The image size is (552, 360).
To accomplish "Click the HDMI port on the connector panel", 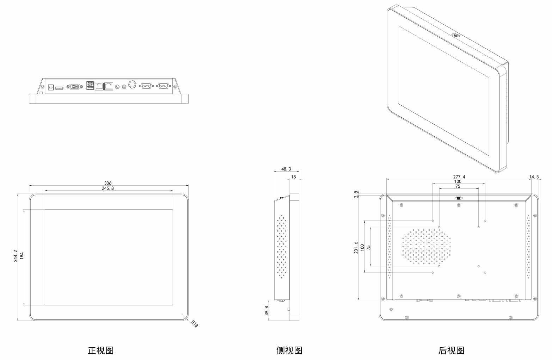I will click(x=59, y=87).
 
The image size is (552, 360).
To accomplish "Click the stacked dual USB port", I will click(x=90, y=86).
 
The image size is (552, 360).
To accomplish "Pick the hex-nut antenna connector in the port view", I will click(x=133, y=84).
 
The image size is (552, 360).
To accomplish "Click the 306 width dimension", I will click(x=108, y=183).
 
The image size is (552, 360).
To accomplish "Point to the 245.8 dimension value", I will click(x=108, y=188).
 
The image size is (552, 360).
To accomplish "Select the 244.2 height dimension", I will click(x=16, y=256).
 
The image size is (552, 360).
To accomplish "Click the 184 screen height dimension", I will click(x=22, y=256).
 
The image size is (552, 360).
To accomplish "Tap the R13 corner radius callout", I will click(x=195, y=323).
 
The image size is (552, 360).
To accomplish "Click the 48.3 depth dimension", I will click(x=286, y=169).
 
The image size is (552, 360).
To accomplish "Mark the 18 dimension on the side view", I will click(x=293, y=177).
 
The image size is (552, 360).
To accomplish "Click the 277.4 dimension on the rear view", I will click(x=459, y=177).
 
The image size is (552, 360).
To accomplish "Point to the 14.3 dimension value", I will click(x=534, y=177).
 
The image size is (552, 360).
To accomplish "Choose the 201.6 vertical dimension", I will click(x=356, y=247).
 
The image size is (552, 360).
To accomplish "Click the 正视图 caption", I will click(x=100, y=350).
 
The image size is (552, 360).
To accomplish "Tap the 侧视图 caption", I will click(x=289, y=350).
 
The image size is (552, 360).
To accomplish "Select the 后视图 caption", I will click(x=452, y=350).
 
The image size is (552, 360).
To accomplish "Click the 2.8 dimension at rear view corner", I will click(x=356, y=194).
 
